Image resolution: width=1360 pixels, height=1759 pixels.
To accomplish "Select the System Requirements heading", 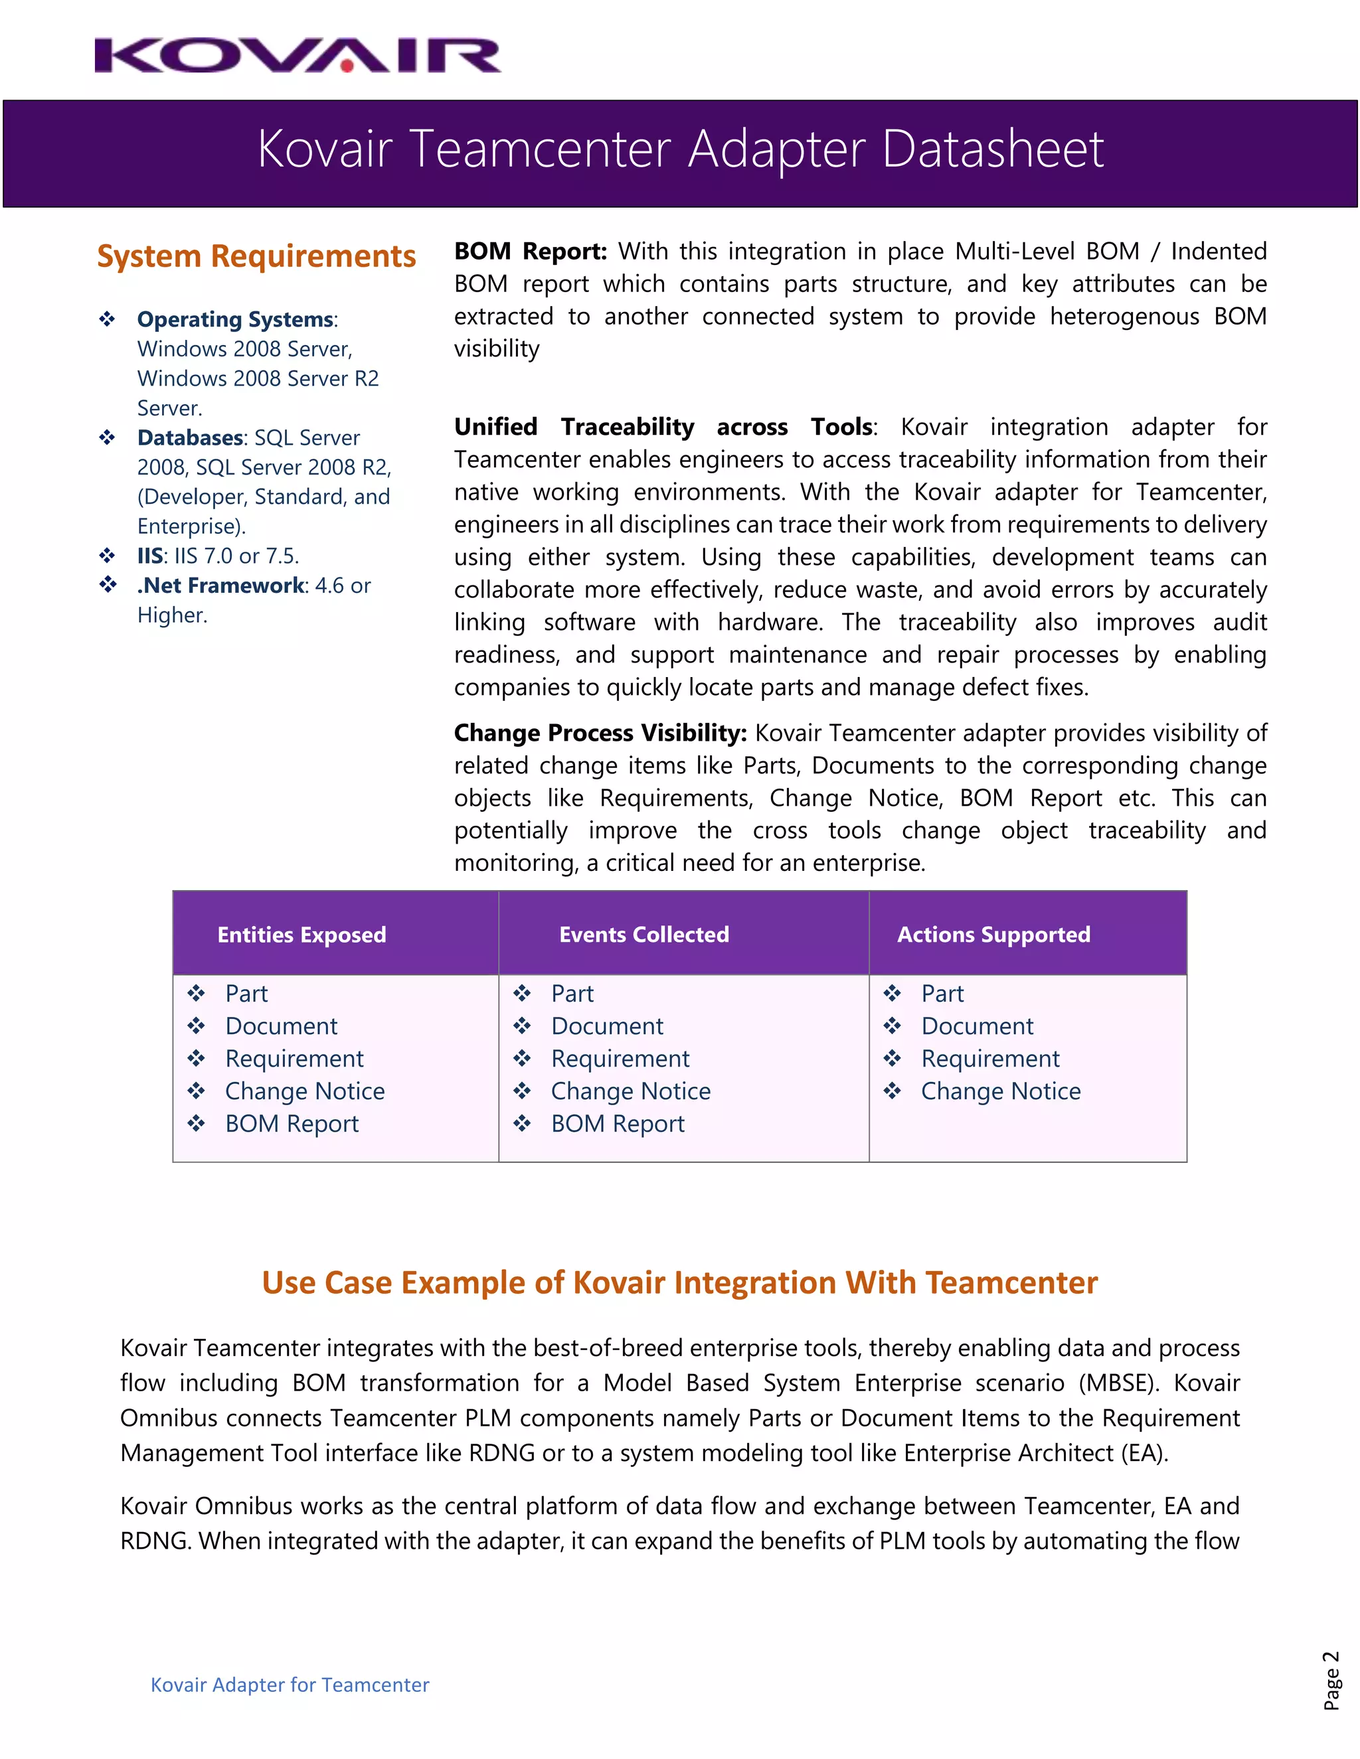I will coord(256,256).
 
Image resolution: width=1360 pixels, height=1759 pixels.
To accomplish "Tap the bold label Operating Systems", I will coord(235,320).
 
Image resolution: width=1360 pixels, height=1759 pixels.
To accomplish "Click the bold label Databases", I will coord(190,438).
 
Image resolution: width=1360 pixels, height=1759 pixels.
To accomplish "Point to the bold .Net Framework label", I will coord(220,585).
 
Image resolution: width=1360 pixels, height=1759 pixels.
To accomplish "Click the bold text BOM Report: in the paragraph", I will coord(530,252).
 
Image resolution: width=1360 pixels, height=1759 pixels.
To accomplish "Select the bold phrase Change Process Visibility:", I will coord(600,733).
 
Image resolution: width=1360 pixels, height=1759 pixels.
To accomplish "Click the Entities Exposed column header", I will coord(301,935).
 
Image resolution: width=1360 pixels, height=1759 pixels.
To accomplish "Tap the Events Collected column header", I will coord(643,935).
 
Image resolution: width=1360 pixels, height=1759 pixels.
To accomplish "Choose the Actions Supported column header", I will coord(993,935).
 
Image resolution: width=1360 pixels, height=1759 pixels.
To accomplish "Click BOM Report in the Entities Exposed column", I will coord(292,1124).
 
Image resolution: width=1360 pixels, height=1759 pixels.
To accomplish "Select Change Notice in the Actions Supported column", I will coord(1001,1091).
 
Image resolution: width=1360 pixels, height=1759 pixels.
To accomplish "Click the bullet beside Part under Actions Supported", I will coord(892,993).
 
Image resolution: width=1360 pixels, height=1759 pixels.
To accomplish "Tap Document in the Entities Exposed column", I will coord(281,1026).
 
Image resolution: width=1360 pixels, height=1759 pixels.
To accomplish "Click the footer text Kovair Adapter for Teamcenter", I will coord(290,1685).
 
